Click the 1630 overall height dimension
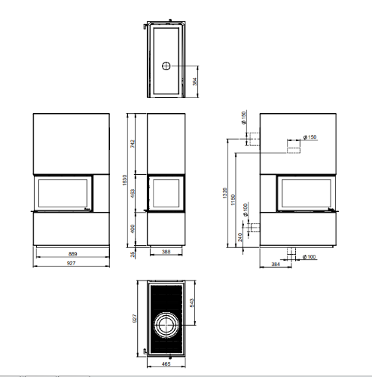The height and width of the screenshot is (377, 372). pyautogui.click(x=125, y=180)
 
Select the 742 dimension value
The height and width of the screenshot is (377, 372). pyautogui.click(x=133, y=144)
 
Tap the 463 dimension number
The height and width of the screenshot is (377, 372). pyautogui.click(x=133, y=193)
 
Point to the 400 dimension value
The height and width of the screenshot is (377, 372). pyautogui.click(x=133, y=228)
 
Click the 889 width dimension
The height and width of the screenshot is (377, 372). pyautogui.click(x=72, y=254)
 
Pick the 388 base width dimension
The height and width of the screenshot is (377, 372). pyautogui.click(x=166, y=252)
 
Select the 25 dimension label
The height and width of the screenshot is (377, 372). pyautogui.click(x=133, y=254)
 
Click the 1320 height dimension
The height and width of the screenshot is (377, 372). pyautogui.click(x=224, y=193)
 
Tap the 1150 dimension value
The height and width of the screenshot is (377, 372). pyautogui.click(x=233, y=200)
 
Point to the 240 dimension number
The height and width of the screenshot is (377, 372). pyautogui.click(x=240, y=238)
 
